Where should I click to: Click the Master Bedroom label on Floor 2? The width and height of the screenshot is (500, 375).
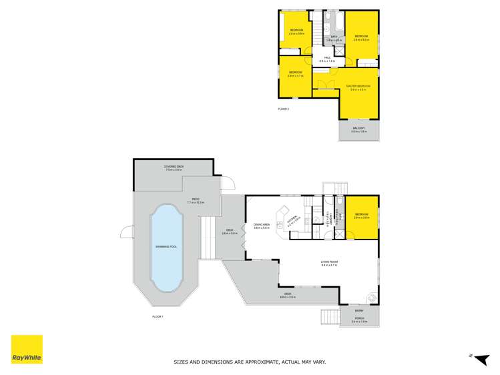pyautogui.click(x=358, y=87)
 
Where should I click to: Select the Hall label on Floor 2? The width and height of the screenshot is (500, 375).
pyautogui.click(x=328, y=58)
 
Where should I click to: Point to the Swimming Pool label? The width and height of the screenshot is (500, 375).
pyautogui.click(x=166, y=247)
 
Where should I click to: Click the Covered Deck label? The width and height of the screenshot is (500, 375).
pyautogui.click(x=174, y=167)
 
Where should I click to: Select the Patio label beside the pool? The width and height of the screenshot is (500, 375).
pyautogui.click(x=195, y=199)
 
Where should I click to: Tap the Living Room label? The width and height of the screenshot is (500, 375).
pyautogui.click(x=329, y=263)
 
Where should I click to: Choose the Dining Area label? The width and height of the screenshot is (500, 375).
pyautogui.click(x=261, y=225)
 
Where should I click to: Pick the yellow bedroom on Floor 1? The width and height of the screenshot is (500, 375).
pyautogui.click(x=362, y=216)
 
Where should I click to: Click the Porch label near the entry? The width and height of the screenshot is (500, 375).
pyautogui.click(x=358, y=320)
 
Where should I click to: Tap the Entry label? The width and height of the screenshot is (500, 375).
pyautogui.click(x=359, y=310)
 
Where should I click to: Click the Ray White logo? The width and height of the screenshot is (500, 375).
pyautogui.click(x=27, y=349)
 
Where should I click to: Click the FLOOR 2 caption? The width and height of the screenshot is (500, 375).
pyautogui.click(x=284, y=108)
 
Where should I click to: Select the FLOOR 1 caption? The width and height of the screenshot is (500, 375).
pyautogui.click(x=158, y=316)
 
